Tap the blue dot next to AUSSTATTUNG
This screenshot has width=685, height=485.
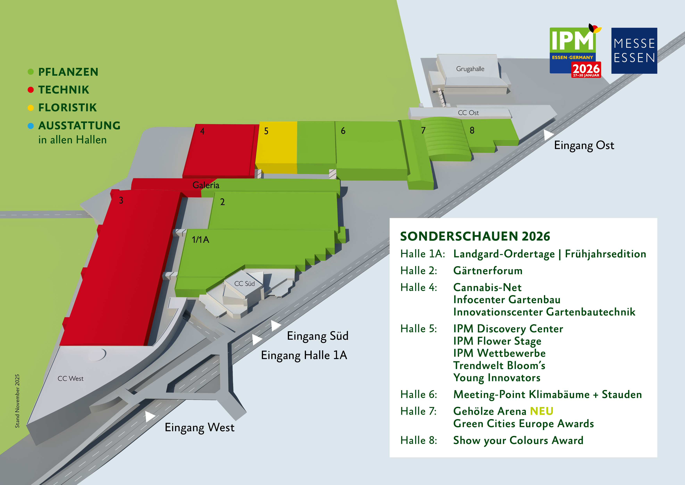30,126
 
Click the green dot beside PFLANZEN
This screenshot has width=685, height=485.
30,72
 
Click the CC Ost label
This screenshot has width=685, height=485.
468,113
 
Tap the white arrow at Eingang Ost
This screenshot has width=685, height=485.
548,135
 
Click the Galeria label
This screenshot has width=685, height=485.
206,185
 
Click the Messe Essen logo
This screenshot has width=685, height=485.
634,51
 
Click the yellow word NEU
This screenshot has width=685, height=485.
541,411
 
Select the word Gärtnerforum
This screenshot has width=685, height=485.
488,271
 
